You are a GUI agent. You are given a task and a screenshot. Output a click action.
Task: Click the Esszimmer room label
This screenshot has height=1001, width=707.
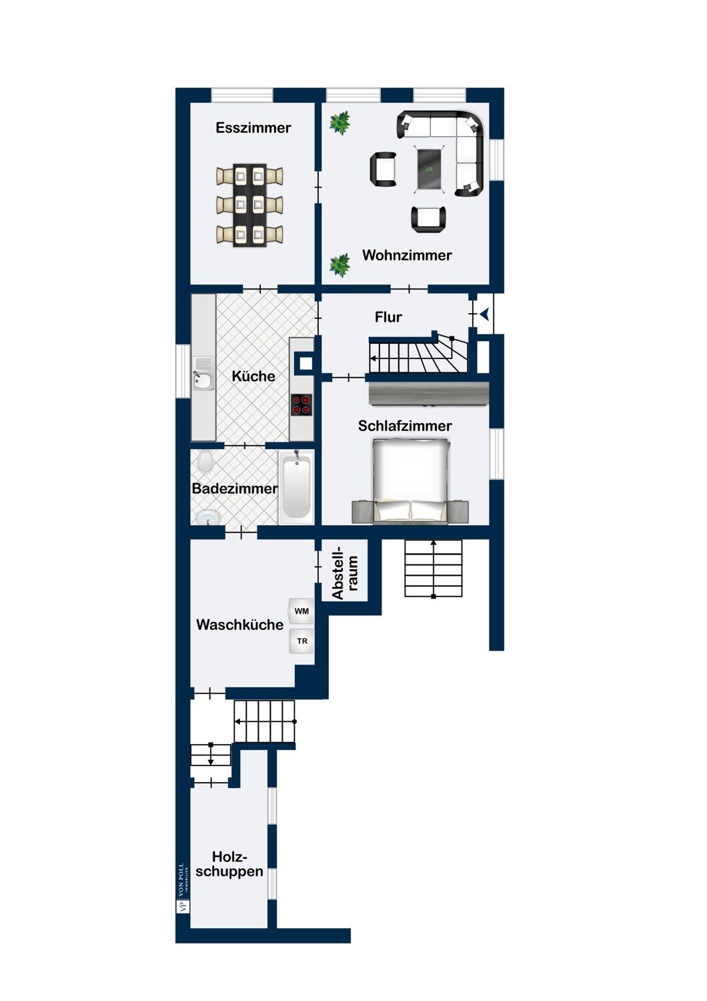point(253,128)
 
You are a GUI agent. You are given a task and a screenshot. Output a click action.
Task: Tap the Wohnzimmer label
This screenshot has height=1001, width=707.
point(407,255)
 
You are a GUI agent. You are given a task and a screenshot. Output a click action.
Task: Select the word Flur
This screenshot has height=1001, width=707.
point(388,317)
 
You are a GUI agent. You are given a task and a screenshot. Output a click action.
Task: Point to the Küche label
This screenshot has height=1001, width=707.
point(253,376)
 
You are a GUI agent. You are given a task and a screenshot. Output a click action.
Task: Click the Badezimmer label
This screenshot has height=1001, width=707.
point(235,488)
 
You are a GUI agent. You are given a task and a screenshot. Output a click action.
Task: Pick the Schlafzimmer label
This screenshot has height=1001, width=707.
point(405,426)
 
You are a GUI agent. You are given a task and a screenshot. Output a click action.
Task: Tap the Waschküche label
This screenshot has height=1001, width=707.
point(240,625)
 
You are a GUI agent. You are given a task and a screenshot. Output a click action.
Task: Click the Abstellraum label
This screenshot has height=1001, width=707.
point(345,572)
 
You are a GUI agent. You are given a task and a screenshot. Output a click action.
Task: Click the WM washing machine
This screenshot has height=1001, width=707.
point(301,611)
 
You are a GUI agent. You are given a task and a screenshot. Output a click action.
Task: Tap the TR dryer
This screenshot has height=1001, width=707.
point(301,641)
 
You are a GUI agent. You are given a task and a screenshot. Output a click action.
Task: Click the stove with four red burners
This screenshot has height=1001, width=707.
point(301,405)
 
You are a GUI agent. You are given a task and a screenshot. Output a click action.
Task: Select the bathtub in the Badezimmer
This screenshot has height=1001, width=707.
point(295,486)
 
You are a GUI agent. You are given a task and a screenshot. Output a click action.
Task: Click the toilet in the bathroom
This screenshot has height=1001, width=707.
point(205,462)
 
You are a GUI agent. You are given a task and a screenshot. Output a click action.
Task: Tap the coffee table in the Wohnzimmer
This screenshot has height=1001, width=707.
point(430,169)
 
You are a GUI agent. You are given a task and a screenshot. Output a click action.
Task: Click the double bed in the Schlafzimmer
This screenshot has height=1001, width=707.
point(411,480)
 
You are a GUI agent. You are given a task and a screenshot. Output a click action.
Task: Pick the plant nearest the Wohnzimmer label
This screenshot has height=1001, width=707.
point(339,266)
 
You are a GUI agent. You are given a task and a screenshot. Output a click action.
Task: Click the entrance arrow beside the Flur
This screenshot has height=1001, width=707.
point(485,314)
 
